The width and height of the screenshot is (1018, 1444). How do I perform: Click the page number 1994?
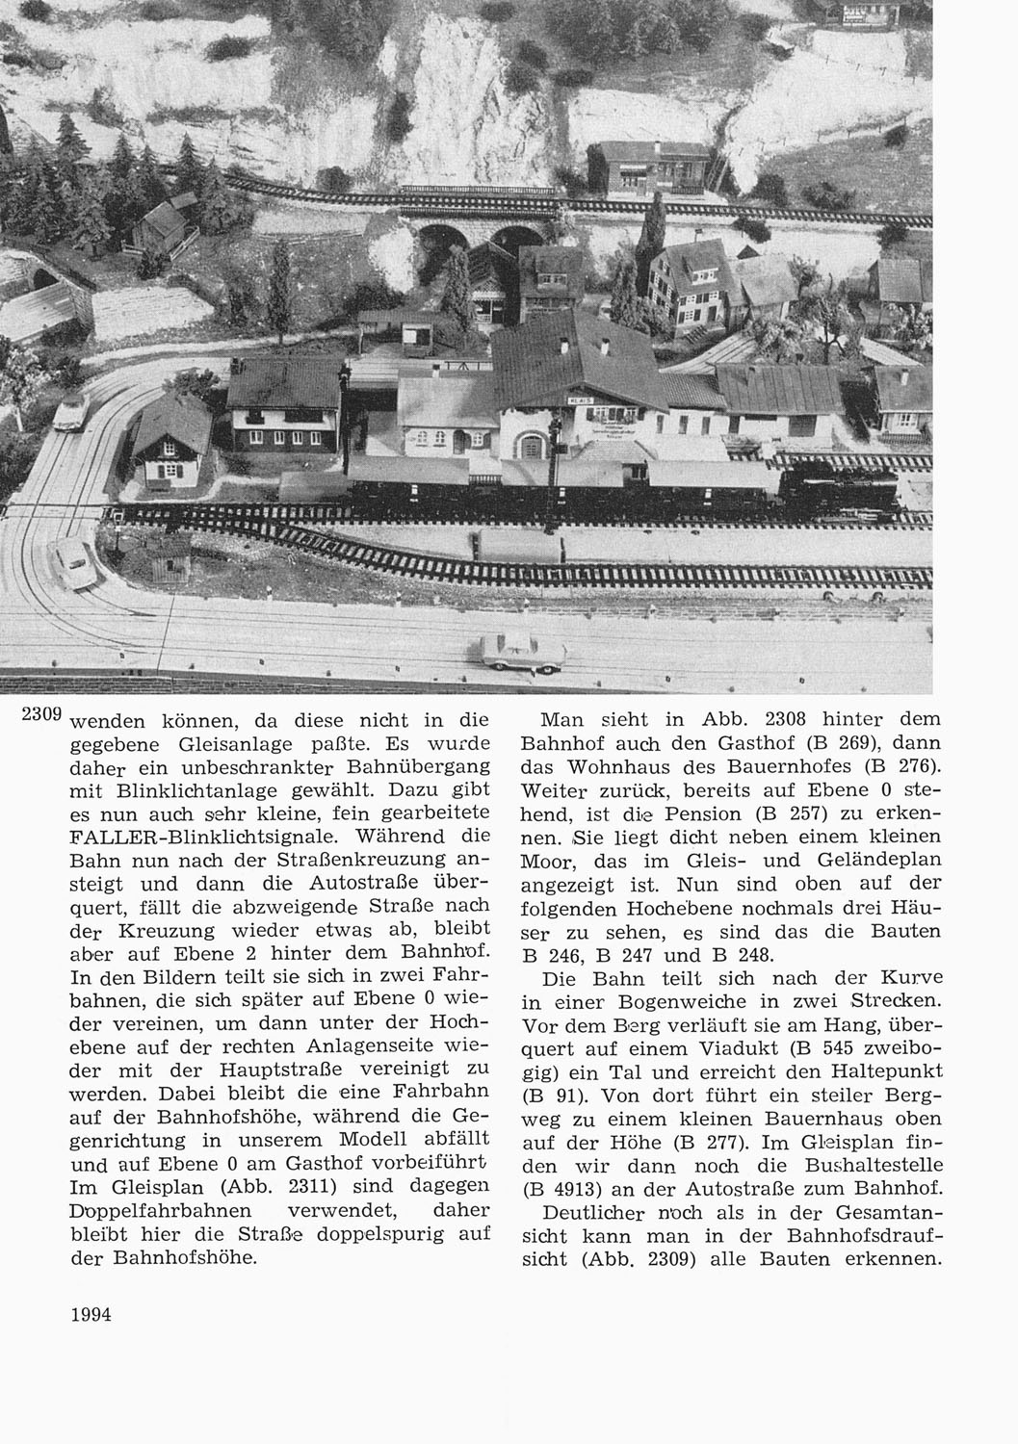pos(92,1314)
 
